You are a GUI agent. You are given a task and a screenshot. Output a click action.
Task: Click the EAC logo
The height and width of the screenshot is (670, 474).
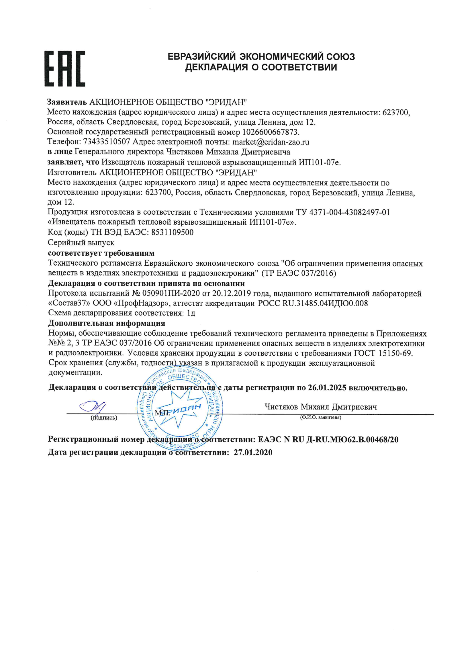65,68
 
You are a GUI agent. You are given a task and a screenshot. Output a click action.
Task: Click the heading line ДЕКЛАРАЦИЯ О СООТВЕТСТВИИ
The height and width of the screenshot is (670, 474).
261,67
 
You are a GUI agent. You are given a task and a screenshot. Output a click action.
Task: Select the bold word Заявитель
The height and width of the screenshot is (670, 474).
67,102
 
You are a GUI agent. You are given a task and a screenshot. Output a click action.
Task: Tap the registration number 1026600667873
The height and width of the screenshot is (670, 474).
271,132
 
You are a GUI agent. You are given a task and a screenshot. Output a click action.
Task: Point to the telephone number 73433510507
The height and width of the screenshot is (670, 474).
107,142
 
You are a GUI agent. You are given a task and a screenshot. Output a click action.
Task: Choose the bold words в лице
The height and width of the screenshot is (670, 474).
60,152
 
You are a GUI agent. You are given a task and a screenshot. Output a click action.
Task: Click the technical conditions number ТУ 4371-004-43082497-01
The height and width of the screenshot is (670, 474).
343,212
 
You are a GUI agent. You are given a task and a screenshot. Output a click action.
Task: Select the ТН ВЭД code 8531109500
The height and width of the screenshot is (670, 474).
172,232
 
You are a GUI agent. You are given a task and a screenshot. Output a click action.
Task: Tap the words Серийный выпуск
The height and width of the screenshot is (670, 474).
81,242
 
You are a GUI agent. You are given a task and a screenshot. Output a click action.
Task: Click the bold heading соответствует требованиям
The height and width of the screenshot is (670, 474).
101,253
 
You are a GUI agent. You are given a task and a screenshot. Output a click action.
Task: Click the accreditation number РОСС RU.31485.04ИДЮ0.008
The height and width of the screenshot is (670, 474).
313,303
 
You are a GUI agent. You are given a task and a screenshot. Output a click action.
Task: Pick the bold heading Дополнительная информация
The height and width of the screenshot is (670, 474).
107,323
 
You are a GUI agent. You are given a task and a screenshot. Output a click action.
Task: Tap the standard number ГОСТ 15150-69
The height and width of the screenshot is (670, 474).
383,353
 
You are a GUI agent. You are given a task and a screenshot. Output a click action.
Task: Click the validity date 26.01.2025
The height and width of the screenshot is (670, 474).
327,388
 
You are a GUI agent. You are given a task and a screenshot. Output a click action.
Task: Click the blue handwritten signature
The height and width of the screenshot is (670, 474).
93,406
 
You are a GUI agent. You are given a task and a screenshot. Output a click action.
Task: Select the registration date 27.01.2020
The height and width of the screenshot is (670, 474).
253,452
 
